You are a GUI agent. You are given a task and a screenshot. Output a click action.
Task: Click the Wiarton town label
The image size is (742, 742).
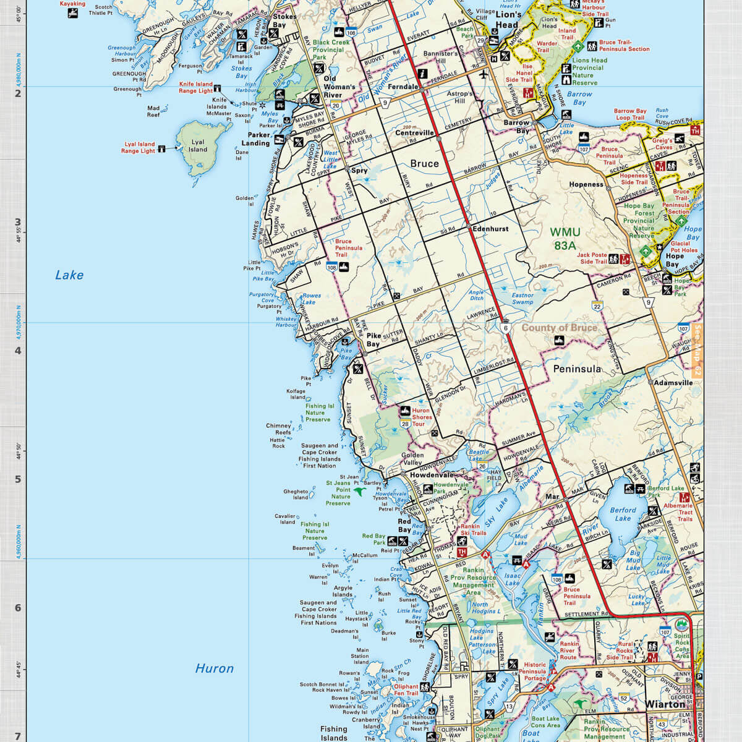[665, 704]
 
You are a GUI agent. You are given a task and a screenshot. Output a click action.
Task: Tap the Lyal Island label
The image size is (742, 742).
[198, 146]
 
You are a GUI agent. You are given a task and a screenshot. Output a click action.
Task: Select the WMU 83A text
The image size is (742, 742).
[565, 237]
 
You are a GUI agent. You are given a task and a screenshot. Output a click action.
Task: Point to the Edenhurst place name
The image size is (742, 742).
[490, 229]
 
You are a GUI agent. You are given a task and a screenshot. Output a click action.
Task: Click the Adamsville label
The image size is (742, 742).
[673, 383]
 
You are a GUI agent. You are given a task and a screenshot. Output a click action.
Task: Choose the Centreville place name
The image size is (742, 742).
[415, 133]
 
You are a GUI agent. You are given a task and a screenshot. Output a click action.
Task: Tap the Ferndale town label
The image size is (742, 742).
[403, 87]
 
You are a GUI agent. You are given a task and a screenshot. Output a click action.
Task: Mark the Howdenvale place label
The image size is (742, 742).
[432, 475]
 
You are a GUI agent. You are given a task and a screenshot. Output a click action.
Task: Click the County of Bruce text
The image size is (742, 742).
[559, 328]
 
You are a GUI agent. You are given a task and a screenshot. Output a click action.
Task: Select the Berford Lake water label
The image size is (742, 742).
[623, 514]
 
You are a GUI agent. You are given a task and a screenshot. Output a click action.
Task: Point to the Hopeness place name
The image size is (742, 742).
[586, 184]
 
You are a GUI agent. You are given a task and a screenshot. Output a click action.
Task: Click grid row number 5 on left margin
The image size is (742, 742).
[18, 479]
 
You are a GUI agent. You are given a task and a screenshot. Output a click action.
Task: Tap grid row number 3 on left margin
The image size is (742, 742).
[18, 223]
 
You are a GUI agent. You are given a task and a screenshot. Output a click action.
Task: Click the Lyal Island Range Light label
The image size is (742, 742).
[138, 148]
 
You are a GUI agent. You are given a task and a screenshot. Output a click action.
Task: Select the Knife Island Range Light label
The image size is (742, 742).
[195, 87]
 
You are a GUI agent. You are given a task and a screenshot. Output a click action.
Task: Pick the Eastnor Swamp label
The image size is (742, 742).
[522, 299]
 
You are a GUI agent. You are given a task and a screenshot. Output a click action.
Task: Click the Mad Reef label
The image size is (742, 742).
[153, 111]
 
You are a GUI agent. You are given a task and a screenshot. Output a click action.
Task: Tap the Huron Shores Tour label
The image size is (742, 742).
[422, 417]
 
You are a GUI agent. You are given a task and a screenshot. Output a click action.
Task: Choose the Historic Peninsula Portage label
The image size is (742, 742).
[532, 672]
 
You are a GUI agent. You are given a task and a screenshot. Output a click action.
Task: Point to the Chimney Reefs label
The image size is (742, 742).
[278, 429]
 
